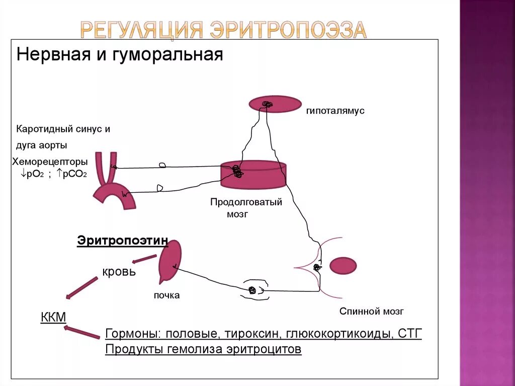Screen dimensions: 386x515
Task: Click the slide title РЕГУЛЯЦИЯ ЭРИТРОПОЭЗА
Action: click(223, 30)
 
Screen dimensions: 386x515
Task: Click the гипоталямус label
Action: click(335, 111)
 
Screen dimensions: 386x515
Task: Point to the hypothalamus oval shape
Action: click(275, 104)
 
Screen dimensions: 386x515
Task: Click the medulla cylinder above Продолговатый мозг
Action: click(253, 174)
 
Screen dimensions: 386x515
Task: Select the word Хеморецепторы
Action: click(50, 162)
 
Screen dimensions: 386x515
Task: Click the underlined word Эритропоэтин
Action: click(122, 241)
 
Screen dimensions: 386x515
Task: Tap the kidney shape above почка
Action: click(169, 262)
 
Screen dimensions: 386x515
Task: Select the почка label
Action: click(166, 295)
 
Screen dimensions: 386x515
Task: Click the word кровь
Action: click(119, 272)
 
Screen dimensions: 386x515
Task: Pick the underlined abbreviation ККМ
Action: click(53, 317)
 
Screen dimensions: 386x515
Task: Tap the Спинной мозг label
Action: click(371, 312)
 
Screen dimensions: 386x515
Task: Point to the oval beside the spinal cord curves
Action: click(342, 266)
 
